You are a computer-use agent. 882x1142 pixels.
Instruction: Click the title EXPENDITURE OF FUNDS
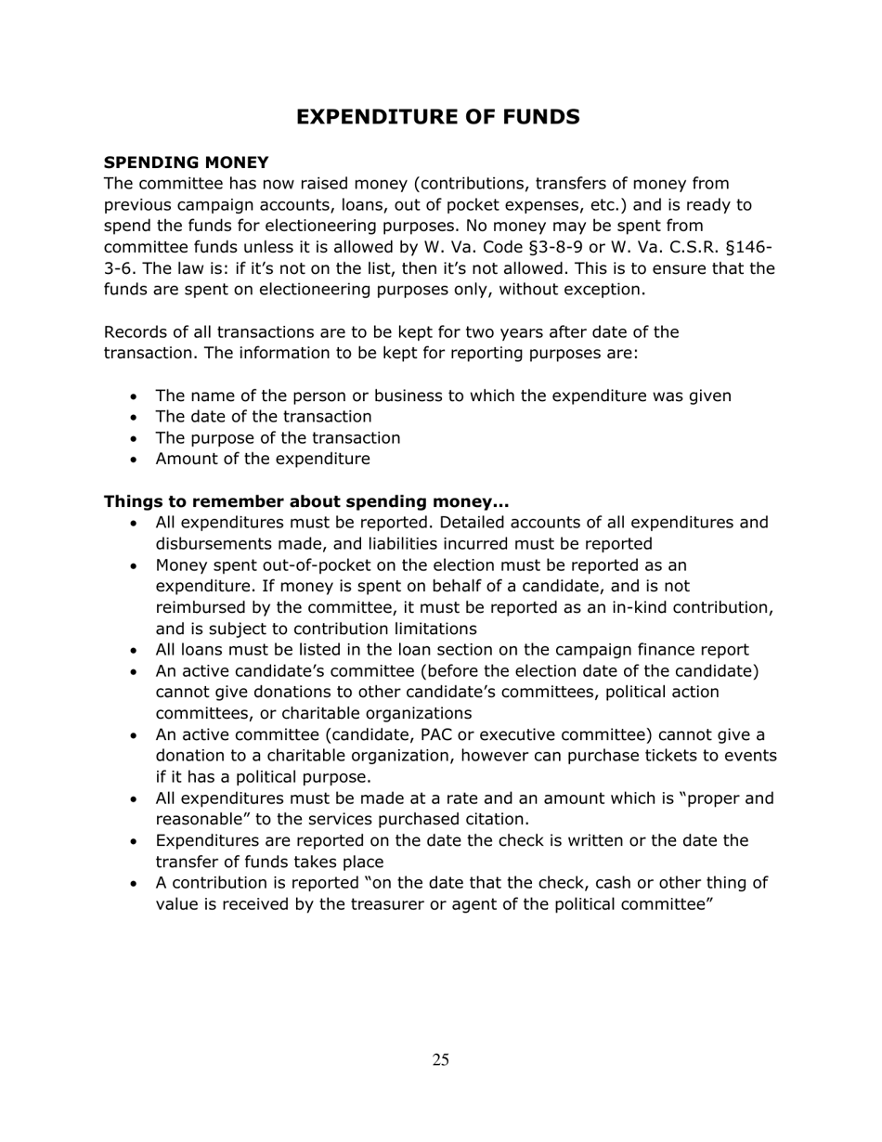[438, 117]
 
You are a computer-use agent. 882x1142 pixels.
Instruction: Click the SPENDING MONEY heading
[186, 162]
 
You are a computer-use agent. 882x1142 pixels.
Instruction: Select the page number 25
[440, 1060]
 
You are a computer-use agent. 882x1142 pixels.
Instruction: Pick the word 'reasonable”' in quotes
[201, 820]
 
